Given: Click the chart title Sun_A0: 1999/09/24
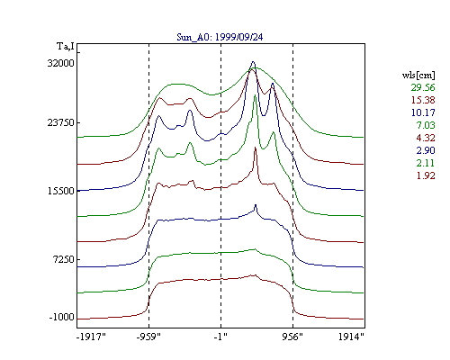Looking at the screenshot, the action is coord(220,37).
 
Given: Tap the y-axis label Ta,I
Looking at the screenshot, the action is coord(66,47).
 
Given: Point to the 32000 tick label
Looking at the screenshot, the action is coord(61,63).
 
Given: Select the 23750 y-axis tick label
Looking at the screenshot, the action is coord(61,122).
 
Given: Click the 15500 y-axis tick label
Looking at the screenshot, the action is coord(61,191).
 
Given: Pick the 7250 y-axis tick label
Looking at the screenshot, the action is coord(63,259).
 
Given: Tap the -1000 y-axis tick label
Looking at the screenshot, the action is coord(62,317).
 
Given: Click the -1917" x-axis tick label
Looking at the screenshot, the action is coord(91,337).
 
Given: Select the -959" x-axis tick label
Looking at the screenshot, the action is coord(148,337).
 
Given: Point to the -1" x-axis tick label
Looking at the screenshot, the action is coord(220,337).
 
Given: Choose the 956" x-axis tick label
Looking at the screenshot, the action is coord(292,337).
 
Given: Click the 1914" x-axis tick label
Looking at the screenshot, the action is coord(351,337).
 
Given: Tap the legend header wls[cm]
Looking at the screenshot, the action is coord(418,75).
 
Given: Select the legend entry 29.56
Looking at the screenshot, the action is coord(423,87).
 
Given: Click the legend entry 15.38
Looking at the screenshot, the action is coord(423,100).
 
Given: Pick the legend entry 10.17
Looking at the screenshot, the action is coord(423,112).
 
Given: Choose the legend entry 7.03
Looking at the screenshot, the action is coord(426,125).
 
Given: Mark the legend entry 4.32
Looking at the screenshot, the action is coord(426,138).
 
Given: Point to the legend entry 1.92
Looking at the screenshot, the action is coord(426,175).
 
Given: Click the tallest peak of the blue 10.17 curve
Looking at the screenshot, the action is coord(253,62).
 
